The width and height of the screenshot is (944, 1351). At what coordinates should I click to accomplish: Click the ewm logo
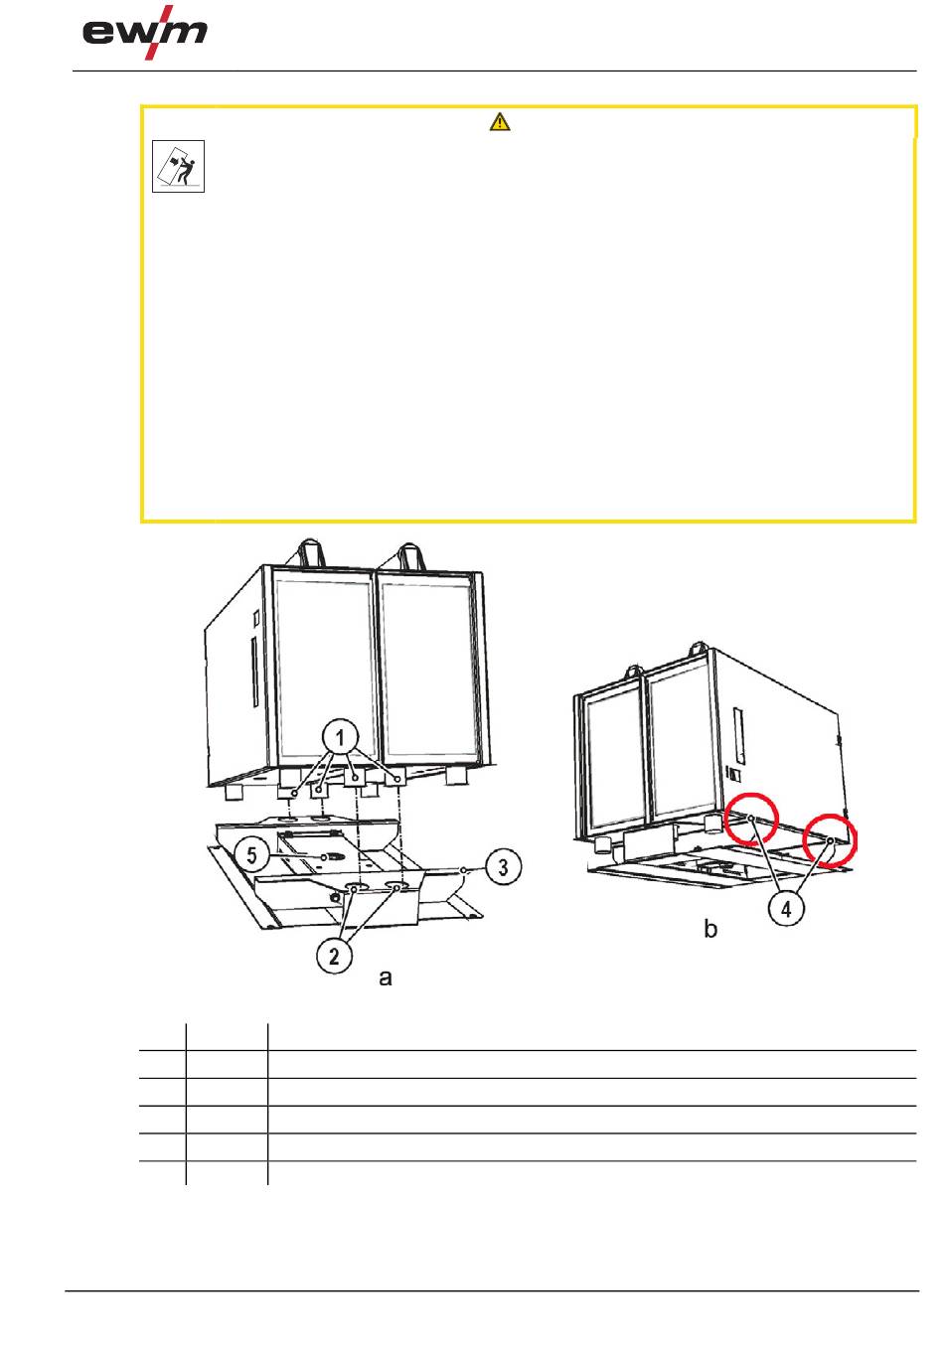(145, 33)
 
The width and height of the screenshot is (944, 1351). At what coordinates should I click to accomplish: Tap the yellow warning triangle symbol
(500, 122)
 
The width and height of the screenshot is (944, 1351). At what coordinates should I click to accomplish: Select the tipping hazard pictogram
(178, 167)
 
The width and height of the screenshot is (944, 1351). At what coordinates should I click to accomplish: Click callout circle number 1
(340, 737)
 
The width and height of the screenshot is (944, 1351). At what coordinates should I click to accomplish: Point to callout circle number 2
(335, 956)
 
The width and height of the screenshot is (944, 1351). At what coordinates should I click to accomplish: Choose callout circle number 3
(504, 867)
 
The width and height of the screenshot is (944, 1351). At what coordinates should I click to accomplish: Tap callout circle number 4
(787, 909)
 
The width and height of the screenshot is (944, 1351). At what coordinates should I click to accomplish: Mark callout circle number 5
(252, 854)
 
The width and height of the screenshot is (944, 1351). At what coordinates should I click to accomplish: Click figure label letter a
(386, 977)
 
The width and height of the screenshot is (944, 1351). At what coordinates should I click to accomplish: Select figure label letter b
(710, 929)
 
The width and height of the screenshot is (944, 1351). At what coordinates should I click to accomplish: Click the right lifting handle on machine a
(409, 556)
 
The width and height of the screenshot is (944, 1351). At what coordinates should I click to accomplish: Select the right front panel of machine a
(427, 665)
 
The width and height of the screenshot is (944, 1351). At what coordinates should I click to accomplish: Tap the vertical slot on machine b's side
(737, 735)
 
